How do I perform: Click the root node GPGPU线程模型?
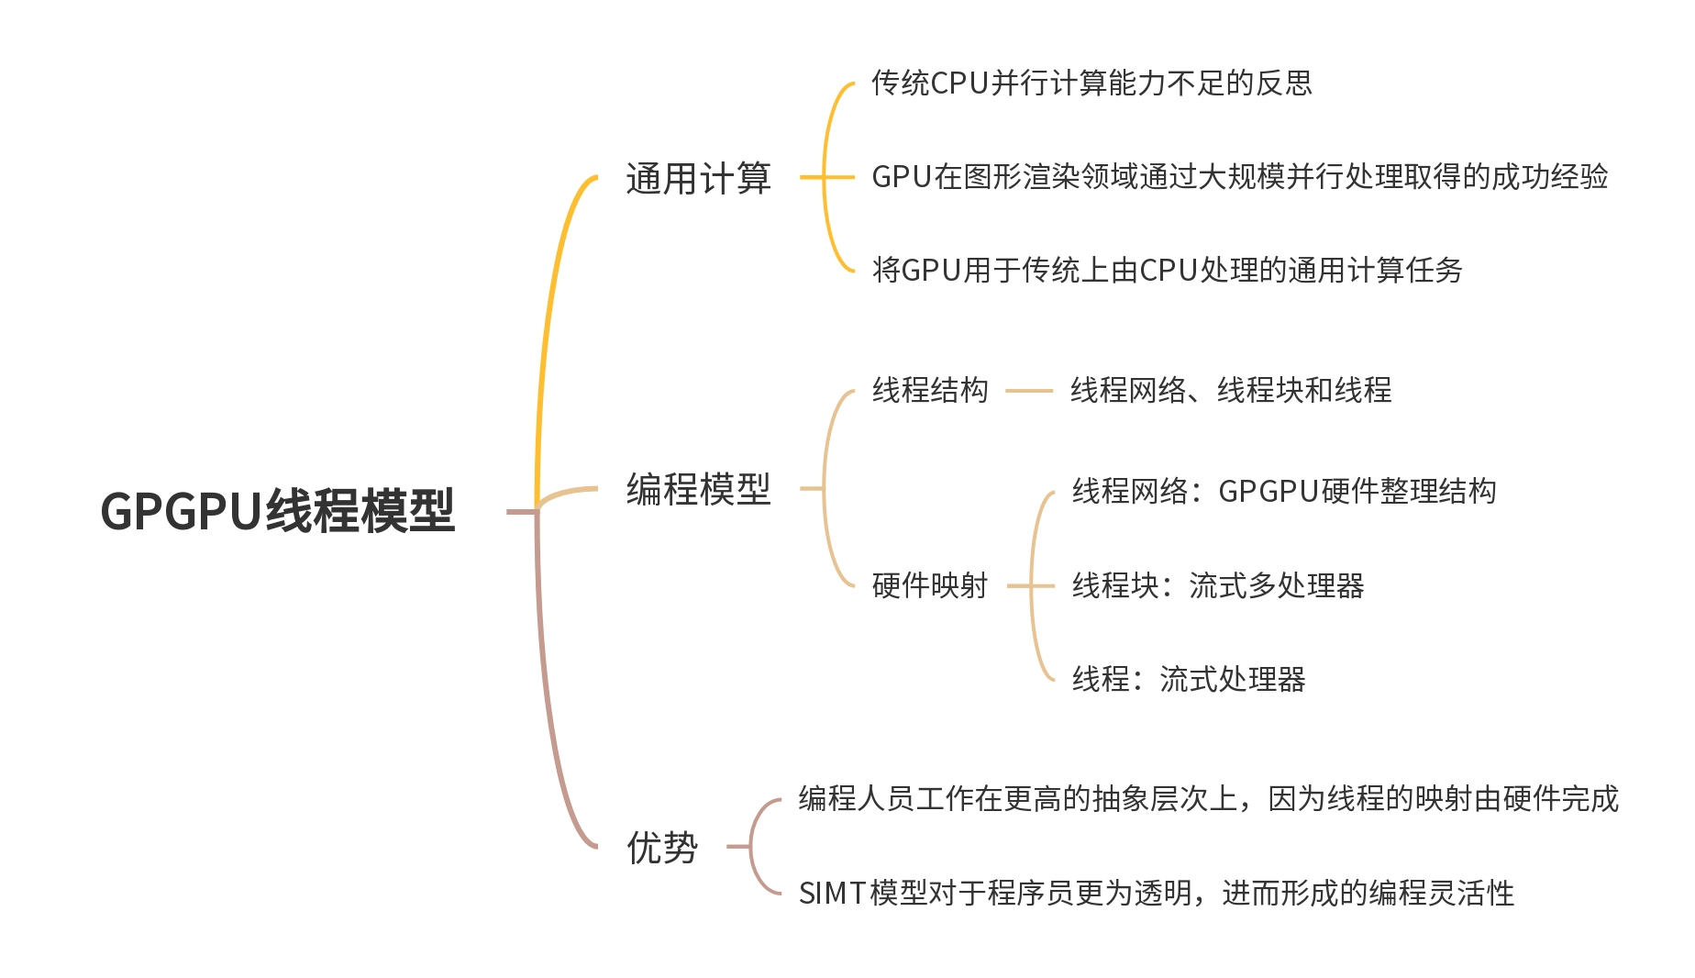(277, 511)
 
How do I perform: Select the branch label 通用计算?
(698, 178)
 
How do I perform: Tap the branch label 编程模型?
(698, 489)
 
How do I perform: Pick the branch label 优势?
(661, 847)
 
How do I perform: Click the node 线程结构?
(929, 391)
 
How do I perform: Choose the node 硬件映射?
(929, 585)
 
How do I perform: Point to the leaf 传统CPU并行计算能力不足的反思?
(1091, 83)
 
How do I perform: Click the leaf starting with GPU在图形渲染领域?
(1239, 177)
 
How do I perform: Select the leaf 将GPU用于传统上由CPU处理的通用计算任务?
(1167, 271)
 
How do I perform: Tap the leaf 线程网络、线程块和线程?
(1231, 391)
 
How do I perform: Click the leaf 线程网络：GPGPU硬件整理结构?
(1284, 492)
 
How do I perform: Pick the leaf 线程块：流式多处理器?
(1218, 585)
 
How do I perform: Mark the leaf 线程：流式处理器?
(1189, 680)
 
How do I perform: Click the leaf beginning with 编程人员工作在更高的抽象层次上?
(1208, 799)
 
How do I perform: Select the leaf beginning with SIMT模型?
(1156, 893)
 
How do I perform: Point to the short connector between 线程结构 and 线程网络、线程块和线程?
(1029, 391)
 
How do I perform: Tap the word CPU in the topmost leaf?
(959, 83)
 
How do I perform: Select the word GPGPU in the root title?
(182, 512)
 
